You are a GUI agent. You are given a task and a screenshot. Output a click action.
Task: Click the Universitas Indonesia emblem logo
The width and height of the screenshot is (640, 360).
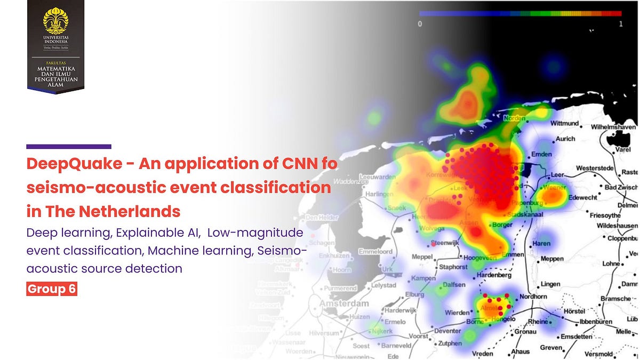pos(55,21)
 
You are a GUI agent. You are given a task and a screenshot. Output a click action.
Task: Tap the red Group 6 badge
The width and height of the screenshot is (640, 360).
pos(52,289)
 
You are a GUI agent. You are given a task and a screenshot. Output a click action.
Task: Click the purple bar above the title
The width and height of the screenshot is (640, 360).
pos(68,146)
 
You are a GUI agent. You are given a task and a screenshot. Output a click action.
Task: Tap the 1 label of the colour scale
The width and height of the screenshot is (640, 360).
pos(620,23)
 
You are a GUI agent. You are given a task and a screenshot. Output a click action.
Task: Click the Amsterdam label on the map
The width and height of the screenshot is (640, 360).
pos(344,303)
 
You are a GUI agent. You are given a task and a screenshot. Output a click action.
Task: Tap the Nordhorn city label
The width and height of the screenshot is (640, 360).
pos(533,297)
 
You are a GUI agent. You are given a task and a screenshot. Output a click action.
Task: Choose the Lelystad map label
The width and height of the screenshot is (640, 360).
pos(384,285)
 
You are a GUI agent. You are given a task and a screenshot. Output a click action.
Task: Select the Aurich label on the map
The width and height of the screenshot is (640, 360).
pos(565,139)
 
